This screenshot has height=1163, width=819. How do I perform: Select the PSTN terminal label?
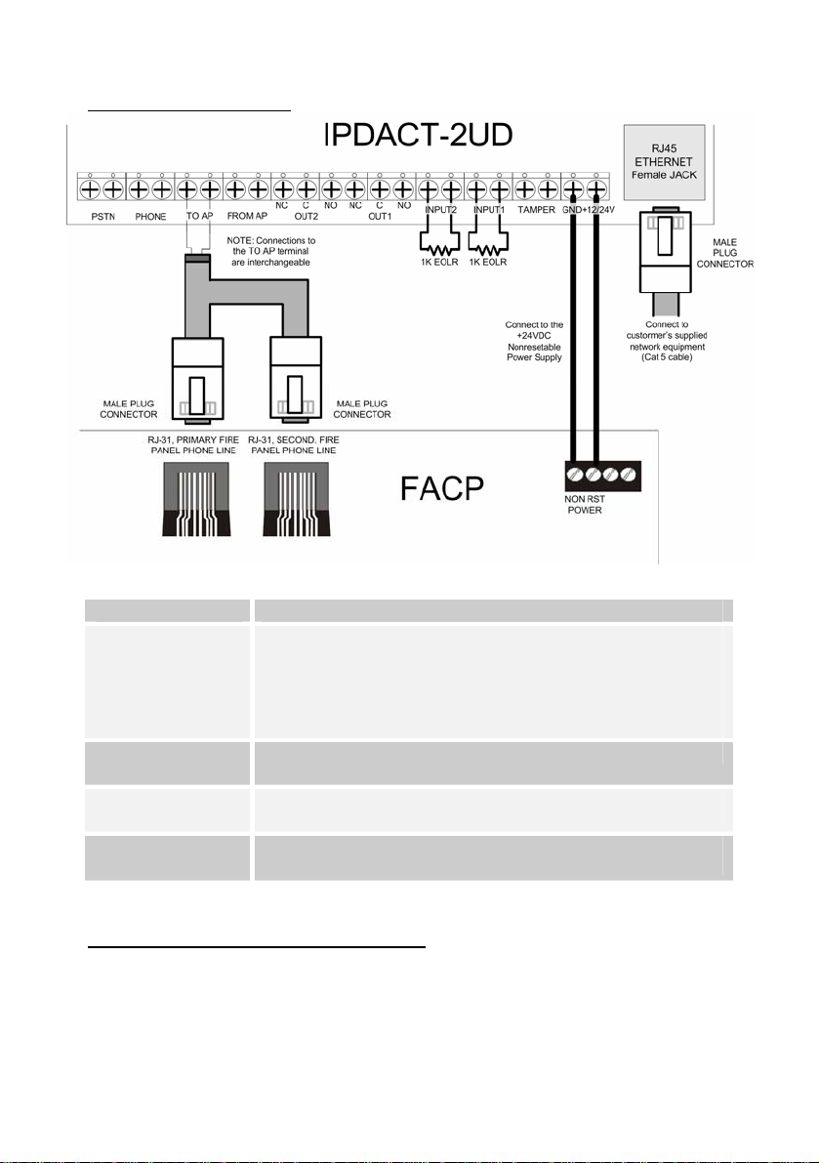[101, 215]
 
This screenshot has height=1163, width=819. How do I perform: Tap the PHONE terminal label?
[150, 215]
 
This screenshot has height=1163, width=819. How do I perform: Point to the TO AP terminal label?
[198, 215]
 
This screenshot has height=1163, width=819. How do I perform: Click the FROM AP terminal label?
[246, 215]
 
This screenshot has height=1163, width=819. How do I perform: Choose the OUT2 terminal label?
[294, 216]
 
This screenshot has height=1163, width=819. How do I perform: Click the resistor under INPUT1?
[486, 242]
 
